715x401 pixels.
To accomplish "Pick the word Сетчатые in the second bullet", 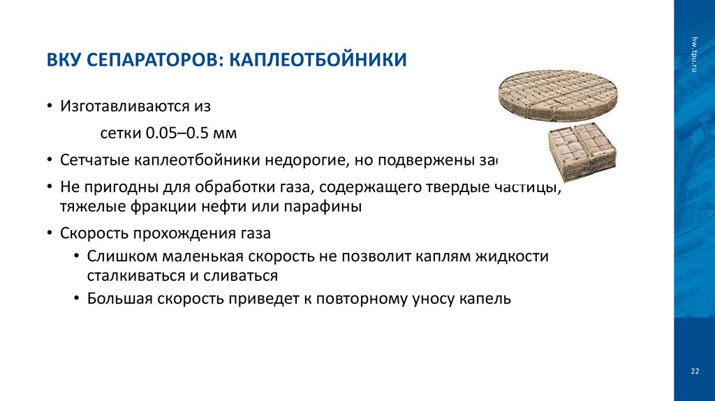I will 91,159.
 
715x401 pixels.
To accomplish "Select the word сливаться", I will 240,275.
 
